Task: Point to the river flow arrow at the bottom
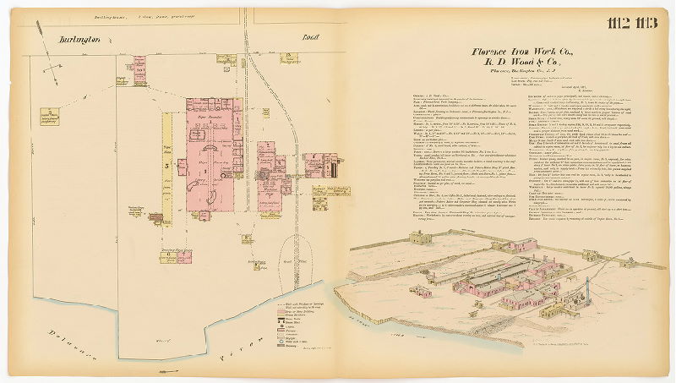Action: click(x=162, y=370)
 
